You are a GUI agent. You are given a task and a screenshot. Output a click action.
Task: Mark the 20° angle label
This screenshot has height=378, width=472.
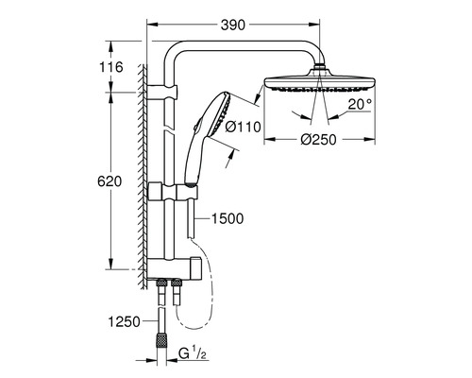coord(358,107)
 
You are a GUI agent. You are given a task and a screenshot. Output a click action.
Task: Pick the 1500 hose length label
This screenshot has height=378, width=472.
coord(228,218)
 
